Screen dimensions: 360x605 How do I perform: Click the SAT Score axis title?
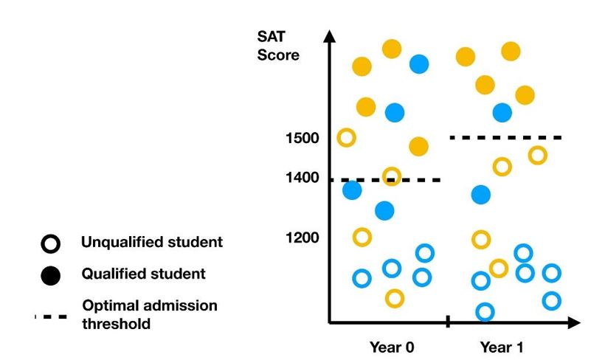pyautogui.click(x=277, y=46)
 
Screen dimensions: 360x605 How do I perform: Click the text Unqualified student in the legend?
pyautogui.click(x=152, y=242)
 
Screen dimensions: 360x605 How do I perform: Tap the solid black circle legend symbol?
pyautogui.click(x=49, y=274)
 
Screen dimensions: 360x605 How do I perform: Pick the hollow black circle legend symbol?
pyautogui.click(x=49, y=243)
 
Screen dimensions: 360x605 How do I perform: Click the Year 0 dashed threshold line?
pyautogui.click(x=384, y=180)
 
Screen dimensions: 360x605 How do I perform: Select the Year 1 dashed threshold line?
pyautogui.click(x=506, y=137)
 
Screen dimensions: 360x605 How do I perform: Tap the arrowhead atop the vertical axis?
pyautogui.click(x=330, y=36)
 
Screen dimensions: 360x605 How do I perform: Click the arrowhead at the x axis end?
pyautogui.click(x=575, y=322)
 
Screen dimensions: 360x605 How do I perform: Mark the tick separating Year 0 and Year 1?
pyautogui.click(x=448, y=322)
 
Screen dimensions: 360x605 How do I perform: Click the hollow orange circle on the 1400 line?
pyautogui.click(x=392, y=176)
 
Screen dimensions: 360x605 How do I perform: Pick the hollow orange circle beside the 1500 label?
pyautogui.click(x=346, y=137)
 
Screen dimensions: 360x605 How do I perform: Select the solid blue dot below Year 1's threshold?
pyautogui.click(x=480, y=195)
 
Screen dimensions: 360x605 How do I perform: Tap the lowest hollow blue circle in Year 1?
pyautogui.click(x=484, y=312)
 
